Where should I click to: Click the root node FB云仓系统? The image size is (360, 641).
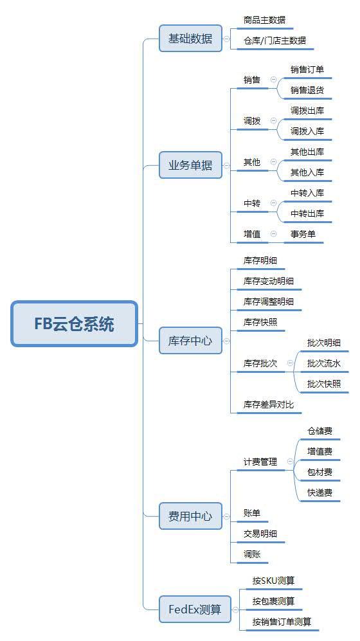[x=74, y=324]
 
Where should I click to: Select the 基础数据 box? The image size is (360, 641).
[x=190, y=39]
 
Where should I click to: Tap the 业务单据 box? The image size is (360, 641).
[x=190, y=165]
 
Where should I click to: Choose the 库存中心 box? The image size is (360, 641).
[x=190, y=341]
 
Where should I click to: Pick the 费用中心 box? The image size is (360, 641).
[x=190, y=516]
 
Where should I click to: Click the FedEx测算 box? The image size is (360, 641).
[x=195, y=609]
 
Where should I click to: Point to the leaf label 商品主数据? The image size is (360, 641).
[x=264, y=20]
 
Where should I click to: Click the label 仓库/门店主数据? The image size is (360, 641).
[x=274, y=41]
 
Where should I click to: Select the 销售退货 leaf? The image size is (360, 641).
[x=307, y=90]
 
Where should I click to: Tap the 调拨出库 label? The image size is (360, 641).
[x=307, y=111]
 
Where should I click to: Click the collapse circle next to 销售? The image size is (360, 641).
[x=273, y=80]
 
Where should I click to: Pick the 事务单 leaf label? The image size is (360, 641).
[x=303, y=234]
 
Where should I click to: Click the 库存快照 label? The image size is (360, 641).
[x=260, y=322]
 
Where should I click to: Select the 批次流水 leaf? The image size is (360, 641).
[x=324, y=363]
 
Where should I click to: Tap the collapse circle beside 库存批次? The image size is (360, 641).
[x=290, y=363]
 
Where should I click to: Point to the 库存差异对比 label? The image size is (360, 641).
[x=269, y=404]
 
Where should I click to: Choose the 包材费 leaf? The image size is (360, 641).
[x=319, y=472]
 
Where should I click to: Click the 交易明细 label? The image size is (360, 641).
[x=260, y=534]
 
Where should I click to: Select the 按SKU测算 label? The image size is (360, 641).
[x=273, y=581]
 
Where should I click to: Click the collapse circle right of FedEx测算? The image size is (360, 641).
[x=235, y=609]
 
